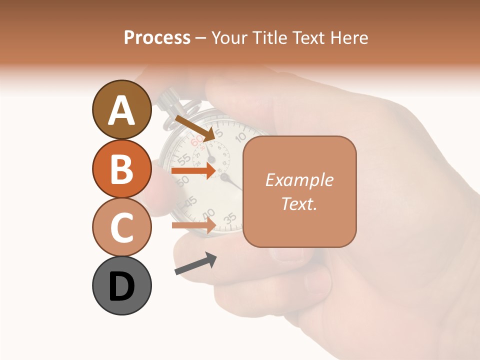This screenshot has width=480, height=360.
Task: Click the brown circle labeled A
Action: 121,109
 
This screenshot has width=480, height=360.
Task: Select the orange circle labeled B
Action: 121,168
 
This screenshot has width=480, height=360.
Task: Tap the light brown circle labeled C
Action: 121,227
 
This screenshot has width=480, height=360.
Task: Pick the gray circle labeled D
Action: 121,285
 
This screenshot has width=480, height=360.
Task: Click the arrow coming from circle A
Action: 195,128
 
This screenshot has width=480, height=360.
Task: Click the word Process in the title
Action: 157,37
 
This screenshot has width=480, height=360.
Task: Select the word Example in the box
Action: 299,180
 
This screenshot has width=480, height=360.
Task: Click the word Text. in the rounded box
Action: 299,203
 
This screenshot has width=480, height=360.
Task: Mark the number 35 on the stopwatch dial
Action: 229,218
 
